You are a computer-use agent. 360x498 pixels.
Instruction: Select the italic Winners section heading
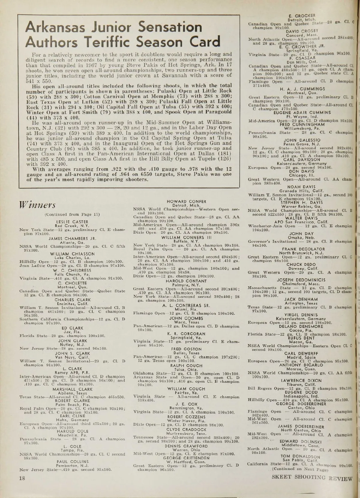click(37, 205)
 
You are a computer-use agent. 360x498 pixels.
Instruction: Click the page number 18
click(22, 478)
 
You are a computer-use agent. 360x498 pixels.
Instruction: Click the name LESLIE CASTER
click(72, 222)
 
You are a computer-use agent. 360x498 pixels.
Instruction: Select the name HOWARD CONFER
click(186, 201)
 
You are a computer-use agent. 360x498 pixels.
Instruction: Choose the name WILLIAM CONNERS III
click(187, 237)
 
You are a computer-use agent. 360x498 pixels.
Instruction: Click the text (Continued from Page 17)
click(72, 214)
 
